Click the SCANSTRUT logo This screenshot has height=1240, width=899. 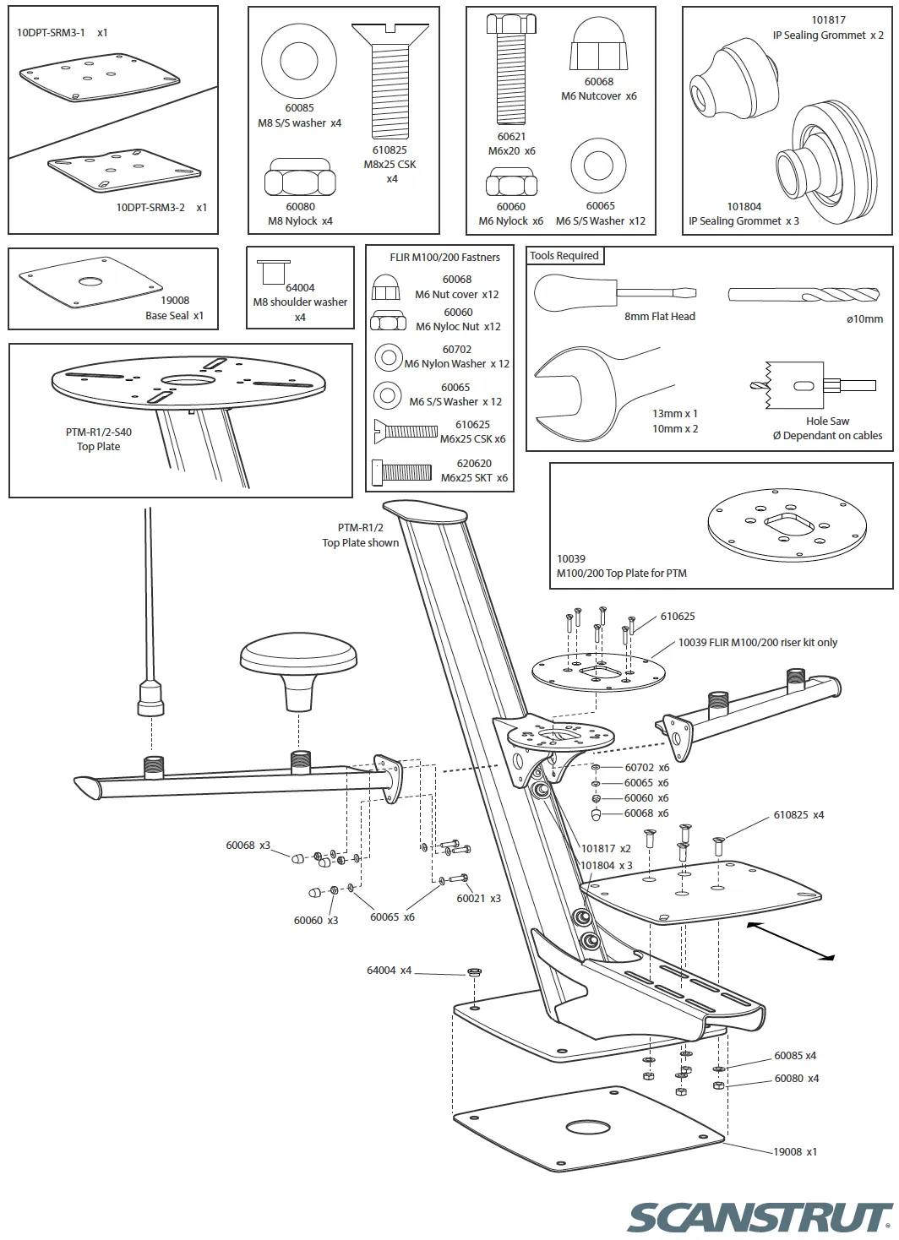760,1217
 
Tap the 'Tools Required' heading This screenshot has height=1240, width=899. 564,256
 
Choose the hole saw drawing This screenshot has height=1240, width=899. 798,386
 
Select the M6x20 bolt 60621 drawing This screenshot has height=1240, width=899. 510,72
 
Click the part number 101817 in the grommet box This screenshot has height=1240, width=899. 828,20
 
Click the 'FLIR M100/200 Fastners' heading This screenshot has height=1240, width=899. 444,258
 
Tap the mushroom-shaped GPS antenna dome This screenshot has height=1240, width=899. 299,668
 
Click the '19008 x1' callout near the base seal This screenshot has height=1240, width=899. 794,1151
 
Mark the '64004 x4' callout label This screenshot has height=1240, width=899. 389,971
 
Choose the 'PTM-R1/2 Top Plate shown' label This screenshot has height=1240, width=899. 360,535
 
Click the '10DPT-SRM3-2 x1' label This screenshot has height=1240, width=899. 161,207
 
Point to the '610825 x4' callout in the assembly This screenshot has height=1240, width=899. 798,815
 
